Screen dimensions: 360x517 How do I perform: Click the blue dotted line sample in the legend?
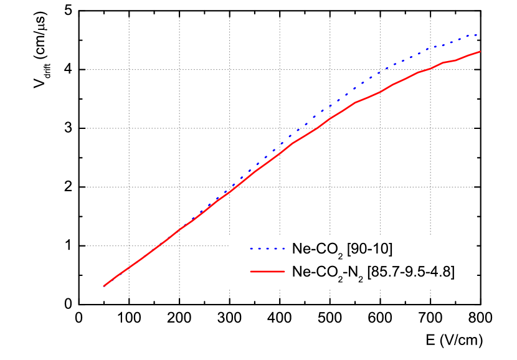pyautogui.click(x=266, y=249)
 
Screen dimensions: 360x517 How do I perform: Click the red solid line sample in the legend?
pyautogui.click(x=266, y=272)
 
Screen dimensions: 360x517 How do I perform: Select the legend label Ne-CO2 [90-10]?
pyautogui.click(x=342, y=249)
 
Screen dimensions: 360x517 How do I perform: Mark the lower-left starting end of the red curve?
pyautogui.click(x=104, y=287)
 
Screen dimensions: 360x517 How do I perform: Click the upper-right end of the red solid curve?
pyautogui.click(x=480, y=51)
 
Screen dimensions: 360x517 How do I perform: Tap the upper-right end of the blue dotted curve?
pyautogui.click(x=478, y=34)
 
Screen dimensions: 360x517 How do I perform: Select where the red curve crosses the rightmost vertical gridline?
pyautogui.click(x=430, y=68)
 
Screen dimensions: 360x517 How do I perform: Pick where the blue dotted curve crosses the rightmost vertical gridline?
pyautogui.click(x=430, y=47)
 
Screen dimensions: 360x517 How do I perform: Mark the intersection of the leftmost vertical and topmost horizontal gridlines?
pyautogui.click(x=129, y=69)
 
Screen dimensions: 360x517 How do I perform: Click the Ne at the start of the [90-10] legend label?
pyautogui.click(x=300, y=249)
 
